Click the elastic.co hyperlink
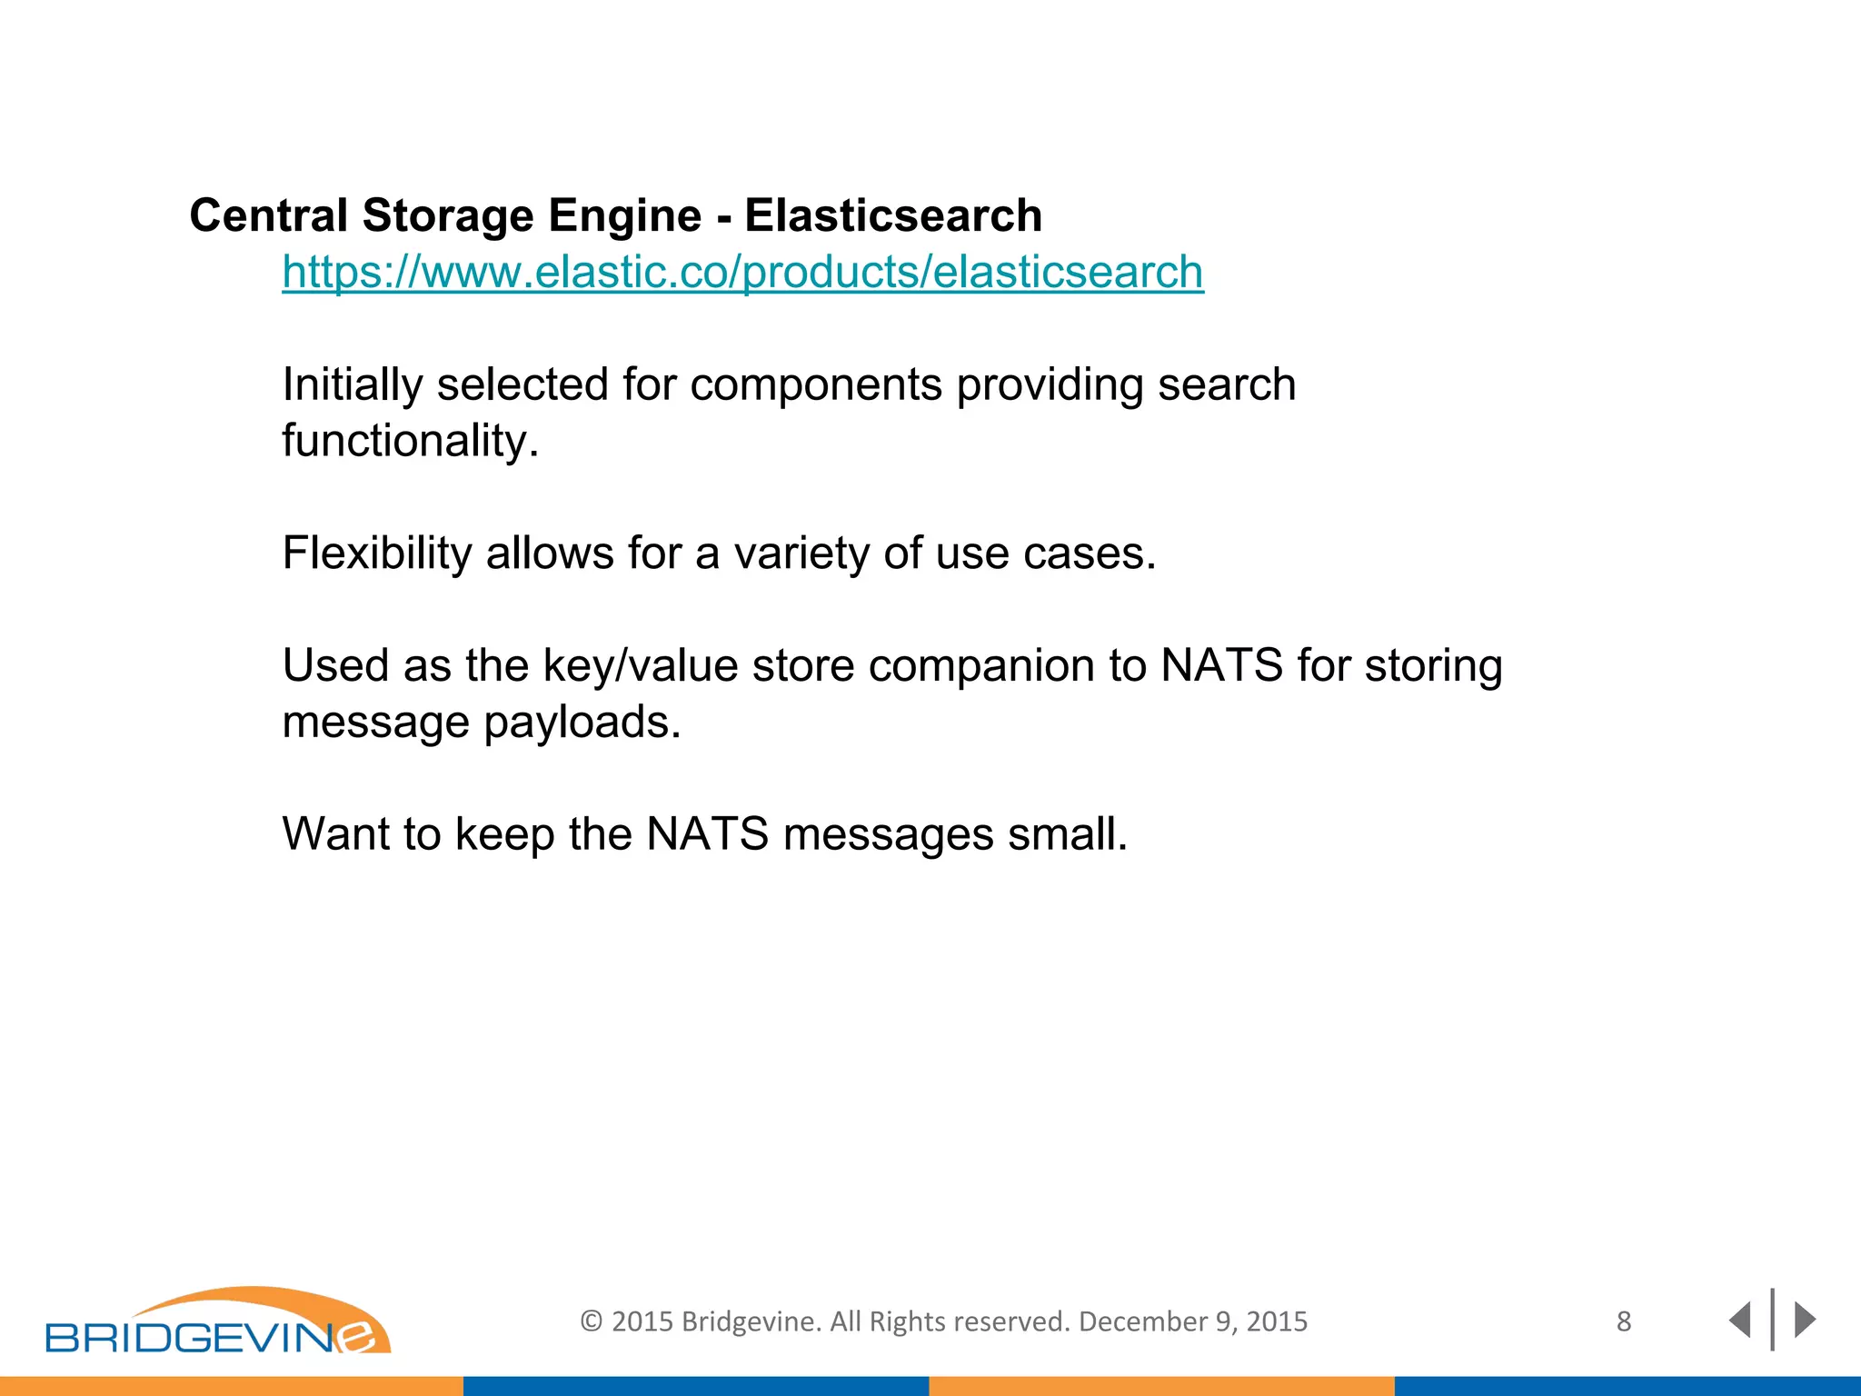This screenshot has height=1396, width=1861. pos(742,273)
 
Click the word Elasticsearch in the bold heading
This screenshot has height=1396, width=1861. pos(893,216)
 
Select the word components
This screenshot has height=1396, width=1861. pos(815,385)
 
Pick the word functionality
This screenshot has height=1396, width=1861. pos(410,441)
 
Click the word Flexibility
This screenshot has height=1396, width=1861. pos(376,553)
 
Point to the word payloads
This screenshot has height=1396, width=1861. pos(581,723)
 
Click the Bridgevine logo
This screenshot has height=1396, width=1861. pos(218,1322)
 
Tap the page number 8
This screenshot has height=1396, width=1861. pos(1624,1321)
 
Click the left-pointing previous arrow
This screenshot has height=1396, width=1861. pos(1739,1320)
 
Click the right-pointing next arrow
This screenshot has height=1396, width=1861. pos(1806,1320)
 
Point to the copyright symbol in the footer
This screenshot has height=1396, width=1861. pos(592,1321)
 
